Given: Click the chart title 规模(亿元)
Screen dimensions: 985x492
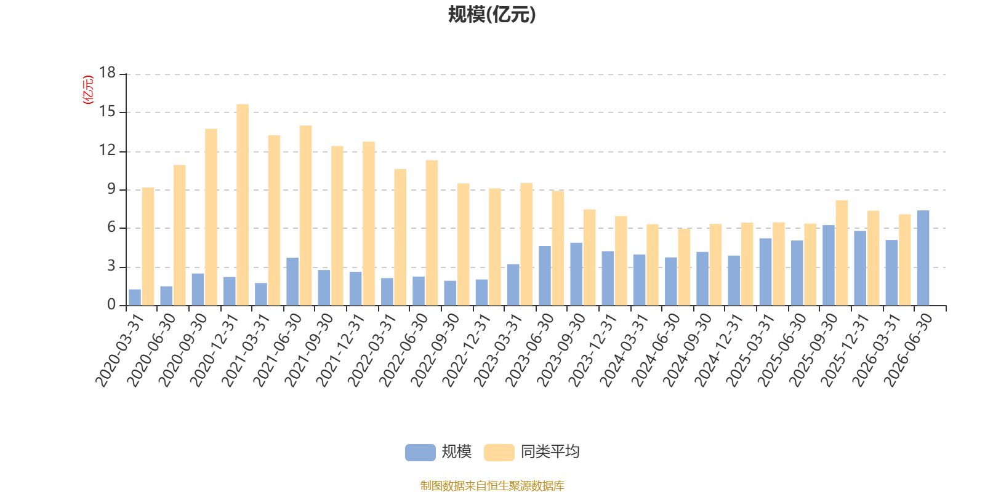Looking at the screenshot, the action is (492, 15).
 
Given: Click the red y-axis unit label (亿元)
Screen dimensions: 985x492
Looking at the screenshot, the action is (88, 90).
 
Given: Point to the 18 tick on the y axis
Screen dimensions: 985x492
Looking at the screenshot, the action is (107, 73).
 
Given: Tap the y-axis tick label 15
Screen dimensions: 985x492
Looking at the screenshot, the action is (107, 111).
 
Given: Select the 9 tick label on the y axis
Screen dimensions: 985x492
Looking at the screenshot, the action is (111, 189).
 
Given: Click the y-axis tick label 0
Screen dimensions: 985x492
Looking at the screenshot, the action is (111, 304).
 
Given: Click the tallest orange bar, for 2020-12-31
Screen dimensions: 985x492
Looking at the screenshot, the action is (243, 205).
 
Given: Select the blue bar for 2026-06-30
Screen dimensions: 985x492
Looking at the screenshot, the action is (923, 258).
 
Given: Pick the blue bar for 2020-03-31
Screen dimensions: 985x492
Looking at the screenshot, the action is (135, 298).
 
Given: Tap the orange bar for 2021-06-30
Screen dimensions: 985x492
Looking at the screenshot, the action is (305, 215).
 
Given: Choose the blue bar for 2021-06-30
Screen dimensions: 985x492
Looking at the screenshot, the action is (292, 282).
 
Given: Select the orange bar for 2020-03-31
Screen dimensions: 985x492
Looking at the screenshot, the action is (148, 247).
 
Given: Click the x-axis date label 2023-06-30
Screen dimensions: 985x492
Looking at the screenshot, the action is (529, 350).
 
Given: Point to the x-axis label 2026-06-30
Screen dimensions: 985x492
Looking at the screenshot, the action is (907, 350).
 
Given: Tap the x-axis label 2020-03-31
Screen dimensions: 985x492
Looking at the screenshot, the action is (119, 350).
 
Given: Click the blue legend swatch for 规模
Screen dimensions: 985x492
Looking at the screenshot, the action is (420, 452).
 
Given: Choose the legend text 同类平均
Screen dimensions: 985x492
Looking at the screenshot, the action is (550, 451).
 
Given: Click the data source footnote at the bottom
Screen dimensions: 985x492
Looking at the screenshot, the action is (492, 485).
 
